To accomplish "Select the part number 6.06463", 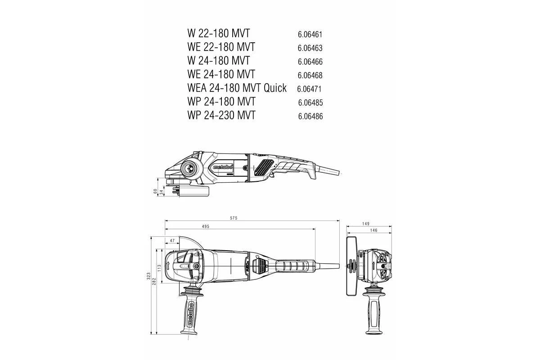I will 310,48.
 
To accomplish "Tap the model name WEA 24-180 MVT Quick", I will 237,88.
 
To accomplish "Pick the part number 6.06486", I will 310,116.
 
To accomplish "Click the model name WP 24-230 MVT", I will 221,115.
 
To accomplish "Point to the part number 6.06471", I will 309,89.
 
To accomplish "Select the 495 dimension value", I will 205,226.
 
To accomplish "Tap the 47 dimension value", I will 172,241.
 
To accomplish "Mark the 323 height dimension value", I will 149,277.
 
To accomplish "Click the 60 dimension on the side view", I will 155,191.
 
